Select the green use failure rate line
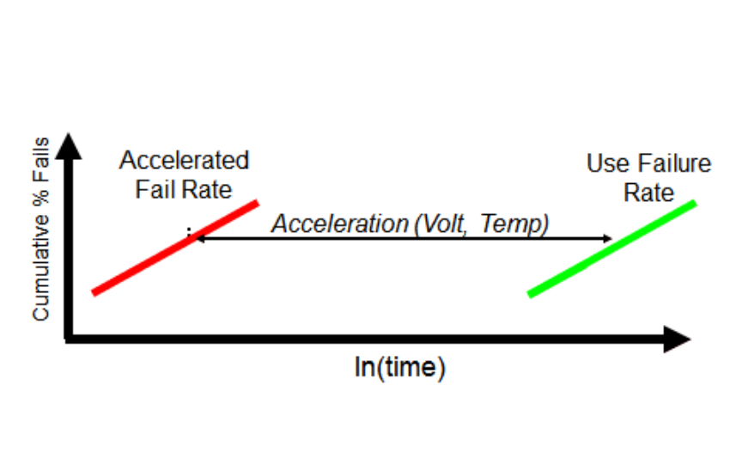tap(611, 249)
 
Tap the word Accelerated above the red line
tap(184, 161)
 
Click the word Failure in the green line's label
tap(672, 163)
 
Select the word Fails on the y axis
tap(40, 160)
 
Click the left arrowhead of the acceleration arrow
tap(198, 238)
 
